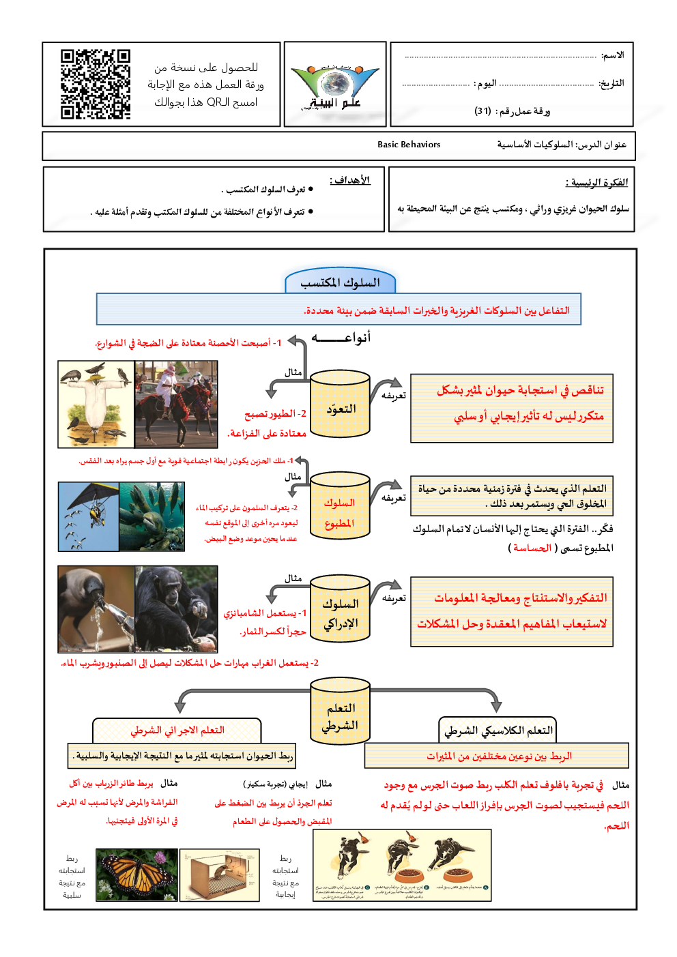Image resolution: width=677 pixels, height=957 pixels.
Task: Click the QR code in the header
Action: [96, 84]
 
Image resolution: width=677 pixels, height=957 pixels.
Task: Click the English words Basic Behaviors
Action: [409, 145]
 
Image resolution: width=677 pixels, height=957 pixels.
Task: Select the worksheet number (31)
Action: [483, 111]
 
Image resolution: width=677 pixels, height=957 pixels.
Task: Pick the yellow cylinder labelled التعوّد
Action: [340, 404]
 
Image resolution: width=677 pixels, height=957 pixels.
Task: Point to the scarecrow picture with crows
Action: [96, 404]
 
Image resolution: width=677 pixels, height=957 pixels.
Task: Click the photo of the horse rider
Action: [176, 404]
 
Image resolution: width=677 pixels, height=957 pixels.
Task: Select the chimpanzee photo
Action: [176, 608]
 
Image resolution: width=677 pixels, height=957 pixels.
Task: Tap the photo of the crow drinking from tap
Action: [96, 608]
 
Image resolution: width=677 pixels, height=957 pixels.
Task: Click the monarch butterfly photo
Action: [136, 874]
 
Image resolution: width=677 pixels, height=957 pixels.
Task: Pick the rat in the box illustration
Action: [220, 874]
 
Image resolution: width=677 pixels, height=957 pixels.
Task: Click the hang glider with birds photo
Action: [89, 516]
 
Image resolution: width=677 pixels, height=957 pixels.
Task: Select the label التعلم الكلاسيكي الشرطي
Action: [498, 731]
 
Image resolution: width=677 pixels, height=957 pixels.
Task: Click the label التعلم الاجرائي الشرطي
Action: [177, 731]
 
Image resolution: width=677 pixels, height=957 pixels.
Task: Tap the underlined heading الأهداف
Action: [350, 180]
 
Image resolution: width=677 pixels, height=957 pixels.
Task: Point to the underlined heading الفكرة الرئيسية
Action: [596, 182]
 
